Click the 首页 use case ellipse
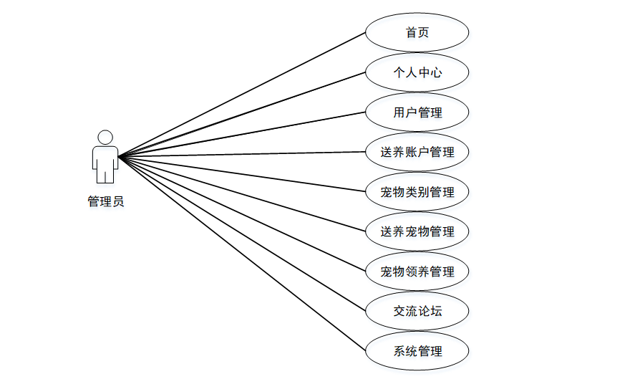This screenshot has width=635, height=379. pos(417,33)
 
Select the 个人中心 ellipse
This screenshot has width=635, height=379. pos(417,72)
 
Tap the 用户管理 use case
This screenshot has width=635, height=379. pos(417,112)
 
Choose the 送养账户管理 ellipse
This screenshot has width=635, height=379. pos(417,152)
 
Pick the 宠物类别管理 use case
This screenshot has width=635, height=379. pos(417,192)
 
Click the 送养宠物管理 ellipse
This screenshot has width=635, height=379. pos(417,231)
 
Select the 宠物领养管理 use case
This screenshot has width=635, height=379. pos(417,272)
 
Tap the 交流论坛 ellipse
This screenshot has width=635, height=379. pos(417,311)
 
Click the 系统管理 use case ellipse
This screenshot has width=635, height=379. pos(417,351)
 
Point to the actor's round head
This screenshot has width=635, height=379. pos(105,137)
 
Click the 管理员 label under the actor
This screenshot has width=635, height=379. pos(105,202)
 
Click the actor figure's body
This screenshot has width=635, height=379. pos(105,161)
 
